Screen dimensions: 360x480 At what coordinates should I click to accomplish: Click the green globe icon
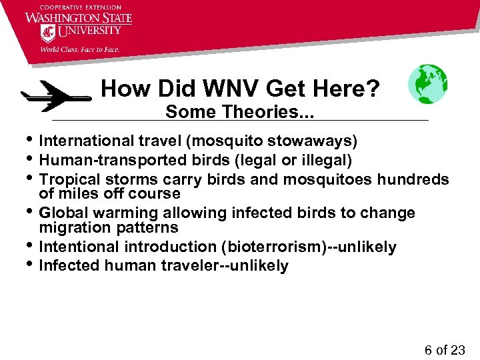click(x=427, y=84)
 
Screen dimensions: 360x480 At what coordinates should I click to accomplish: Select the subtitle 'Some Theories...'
click(x=239, y=112)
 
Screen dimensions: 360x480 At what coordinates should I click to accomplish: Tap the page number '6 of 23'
click(x=444, y=350)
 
